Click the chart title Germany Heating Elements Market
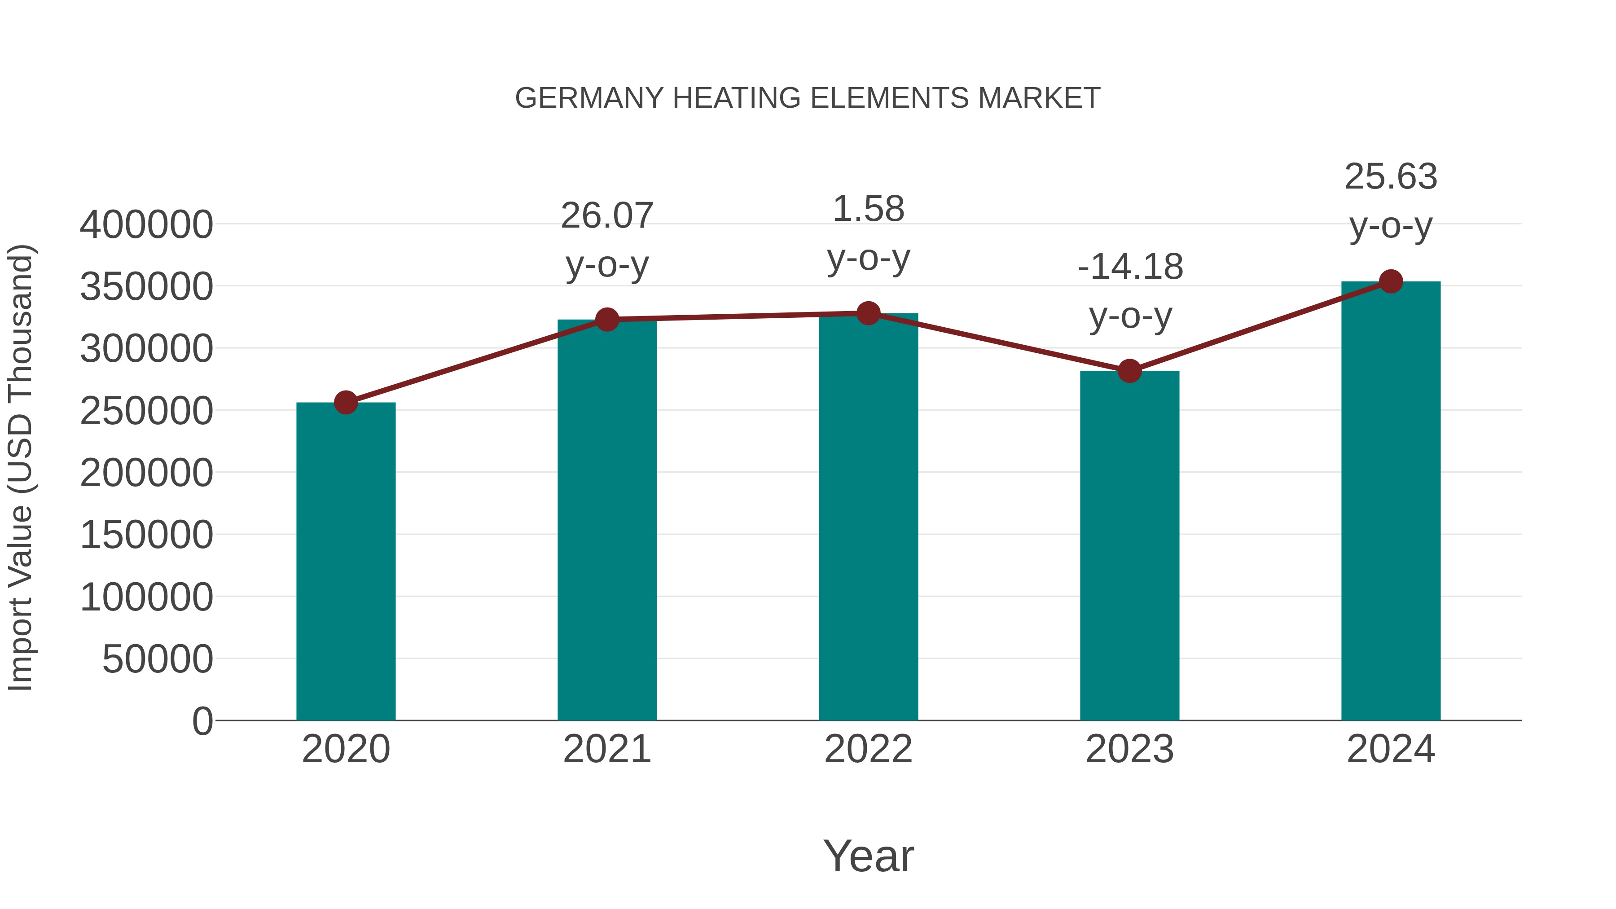point(808,98)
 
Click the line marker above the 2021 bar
point(606,319)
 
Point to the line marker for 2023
point(1129,371)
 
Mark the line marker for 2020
point(346,402)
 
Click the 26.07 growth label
point(606,216)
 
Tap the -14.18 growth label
point(1130,267)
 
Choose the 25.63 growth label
point(1391,177)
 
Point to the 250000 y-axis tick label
point(146,412)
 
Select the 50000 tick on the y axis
point(158,659)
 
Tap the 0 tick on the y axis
point(202,721)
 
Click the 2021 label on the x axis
point(606,749)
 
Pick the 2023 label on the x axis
point(1129,749)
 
